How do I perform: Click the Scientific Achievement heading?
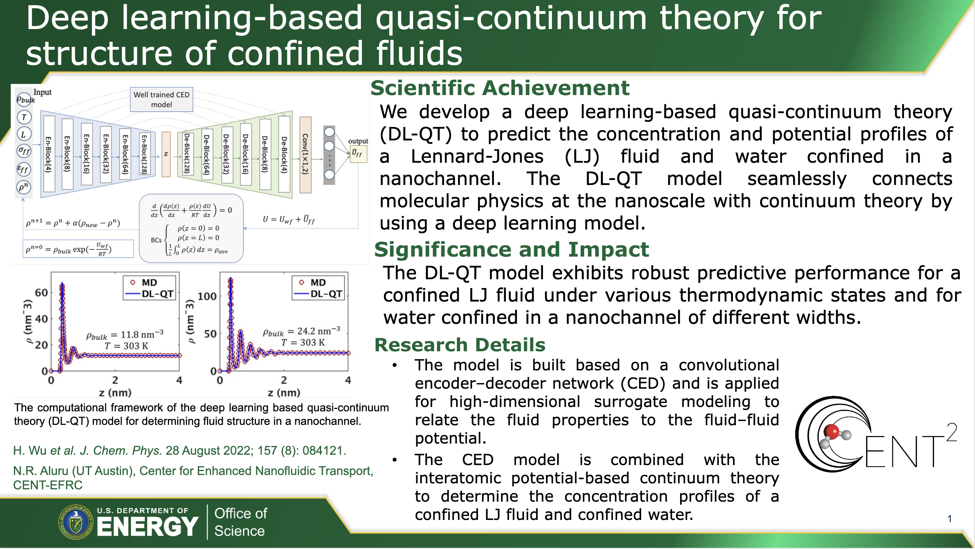coord(500,88)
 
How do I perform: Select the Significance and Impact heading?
coord(511,250)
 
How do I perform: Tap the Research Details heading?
coord(460,345)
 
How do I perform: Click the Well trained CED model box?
coord(162,99)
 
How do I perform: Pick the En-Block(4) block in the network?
coord(49,154)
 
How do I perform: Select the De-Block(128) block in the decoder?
coord(187,154)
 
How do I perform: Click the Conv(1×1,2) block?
coord(305,154)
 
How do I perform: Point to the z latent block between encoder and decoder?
coord(166,154)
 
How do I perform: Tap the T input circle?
coord(24,117)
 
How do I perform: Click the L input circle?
coord(24,134)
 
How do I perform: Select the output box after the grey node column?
coord(358,154)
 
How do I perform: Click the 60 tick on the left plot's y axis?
coord(41,292)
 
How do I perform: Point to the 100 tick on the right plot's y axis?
coord(207,296)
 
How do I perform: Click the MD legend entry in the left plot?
coord(144,282)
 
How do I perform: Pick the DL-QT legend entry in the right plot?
coord(317,294)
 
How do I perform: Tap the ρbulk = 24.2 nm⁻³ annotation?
coord(301,331)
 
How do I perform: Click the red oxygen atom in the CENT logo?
coord(832,431)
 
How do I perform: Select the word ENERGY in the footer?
coord(147,526)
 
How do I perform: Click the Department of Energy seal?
coord(76,522)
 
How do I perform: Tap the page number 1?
coord(950,519)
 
